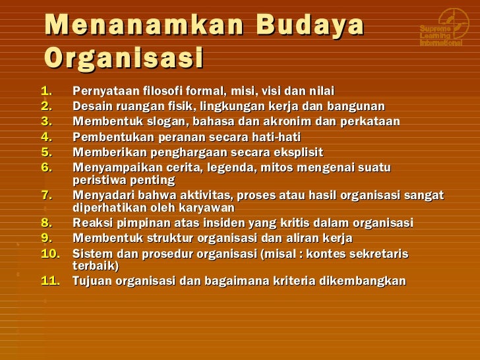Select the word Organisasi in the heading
(123, 59)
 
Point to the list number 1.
(45, 90)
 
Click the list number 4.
(46, 137)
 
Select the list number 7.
(46, 195)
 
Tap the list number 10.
(49, 254)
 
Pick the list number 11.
(49, 281)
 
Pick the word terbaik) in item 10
(96, 266)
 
